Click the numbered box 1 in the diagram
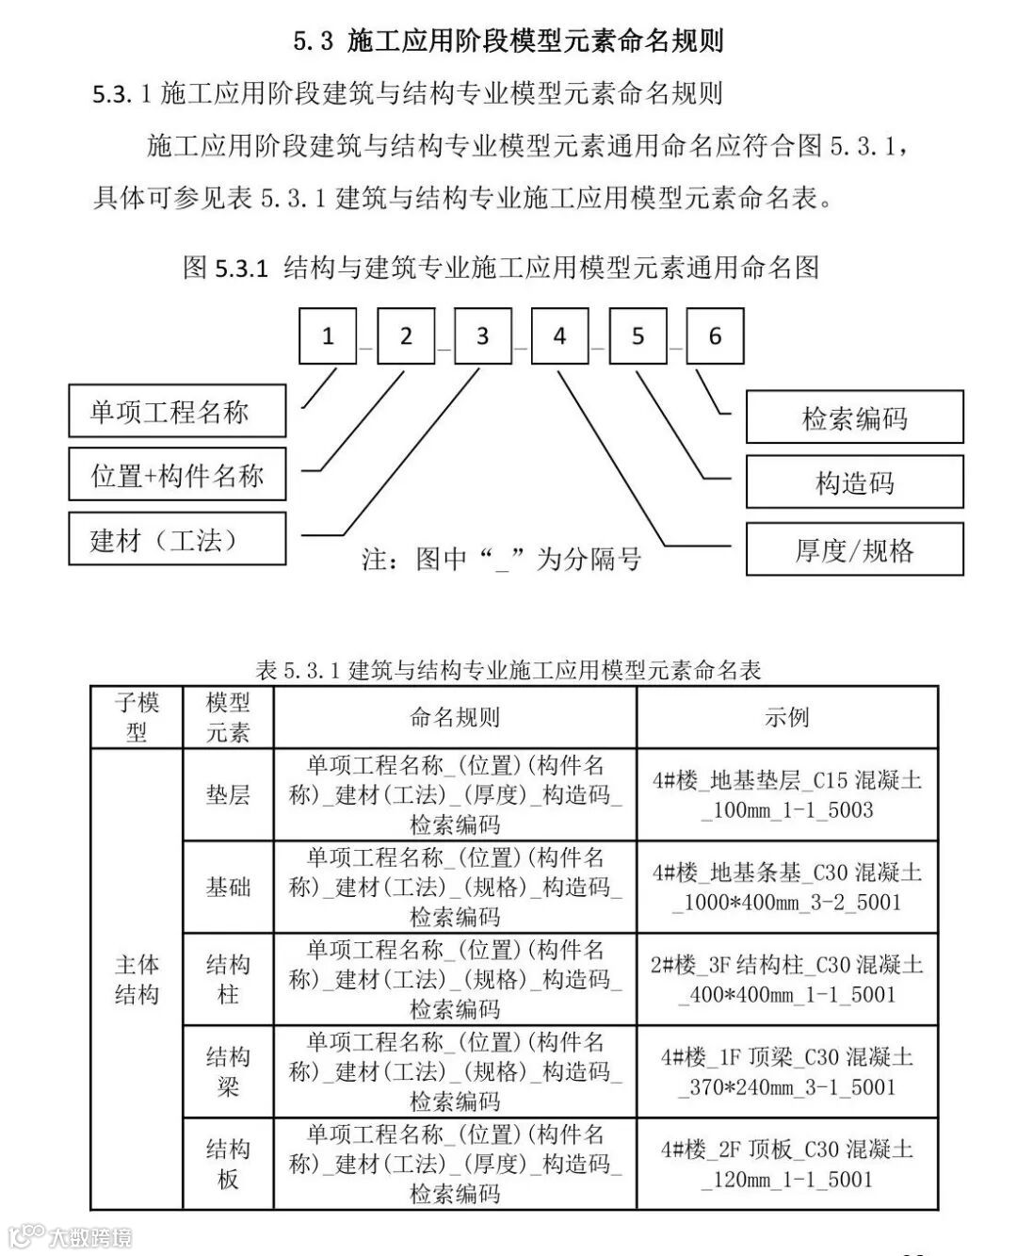tap(328, 336)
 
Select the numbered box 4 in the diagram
tap(559, 336)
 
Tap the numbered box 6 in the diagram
tap(715, 336)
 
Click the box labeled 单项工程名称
tap(177, 412)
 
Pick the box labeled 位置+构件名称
tap(177, 475)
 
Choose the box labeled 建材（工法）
tap(177, 540)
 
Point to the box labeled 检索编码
tap(854, 417)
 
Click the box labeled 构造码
tap(854, 482)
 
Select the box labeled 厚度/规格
tap(854, 549)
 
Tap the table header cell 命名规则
tap(455, 718)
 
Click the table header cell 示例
tap(787, 718)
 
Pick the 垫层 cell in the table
tap(228, 795)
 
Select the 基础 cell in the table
tap(228, 887)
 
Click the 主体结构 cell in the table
tap(137, 980)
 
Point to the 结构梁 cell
tap(228, 1071)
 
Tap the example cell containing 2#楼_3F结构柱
tap(787, 979)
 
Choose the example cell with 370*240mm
tap(787, 1071)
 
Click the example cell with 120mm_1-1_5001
tap(787, 1164)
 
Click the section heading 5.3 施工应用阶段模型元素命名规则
tap(508, 41)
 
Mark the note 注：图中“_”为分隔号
tap(501, 560)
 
